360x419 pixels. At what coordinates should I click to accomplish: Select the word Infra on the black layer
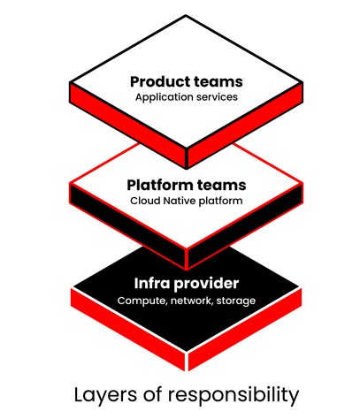(x=152, y=284)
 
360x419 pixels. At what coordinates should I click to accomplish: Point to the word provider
(x=206, y=284)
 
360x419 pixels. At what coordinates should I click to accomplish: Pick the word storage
(x=236, y=301)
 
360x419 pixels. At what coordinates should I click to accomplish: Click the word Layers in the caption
(x=105, y=395)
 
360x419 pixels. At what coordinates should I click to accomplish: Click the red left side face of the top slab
(x=127, y=125)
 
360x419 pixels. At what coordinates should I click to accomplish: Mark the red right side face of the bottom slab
(x=245, y=329)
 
